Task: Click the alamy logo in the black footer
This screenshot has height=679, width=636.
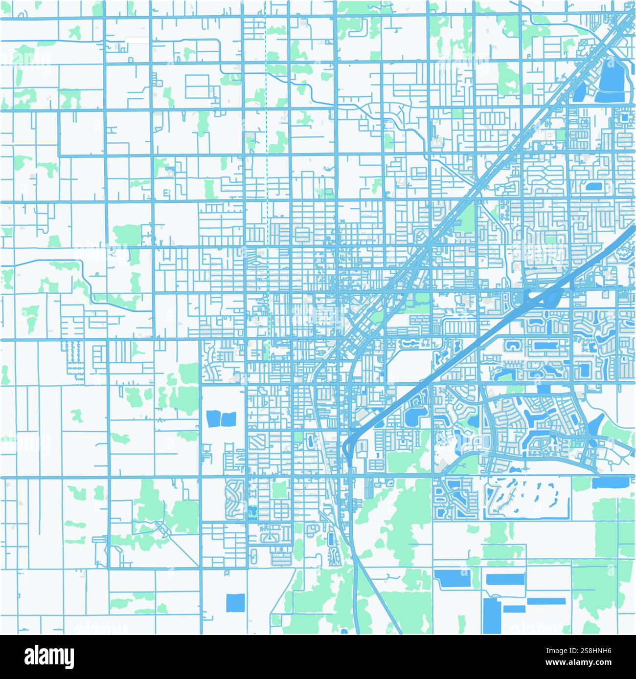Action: [49, 656]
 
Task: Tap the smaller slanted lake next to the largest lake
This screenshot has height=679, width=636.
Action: [580, 92]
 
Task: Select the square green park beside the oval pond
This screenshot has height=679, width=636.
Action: [279, 489]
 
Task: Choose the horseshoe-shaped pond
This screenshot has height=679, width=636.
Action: [512, 346]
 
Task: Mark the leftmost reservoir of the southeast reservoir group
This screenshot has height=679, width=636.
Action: [453, 579]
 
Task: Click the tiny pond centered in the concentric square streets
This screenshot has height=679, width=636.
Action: [625, 117]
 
